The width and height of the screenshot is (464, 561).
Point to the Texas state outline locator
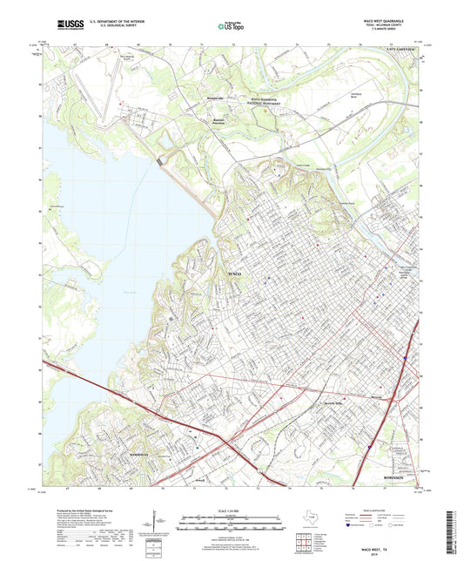coord(313,519)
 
